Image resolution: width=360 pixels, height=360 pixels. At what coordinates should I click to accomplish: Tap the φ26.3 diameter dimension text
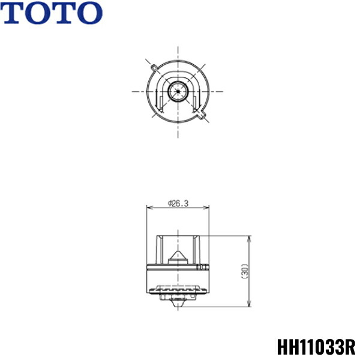[x=178, y=203]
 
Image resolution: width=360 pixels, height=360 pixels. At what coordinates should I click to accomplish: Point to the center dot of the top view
[x=178, y=91]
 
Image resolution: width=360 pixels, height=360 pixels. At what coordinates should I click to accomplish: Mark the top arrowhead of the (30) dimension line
[x=250, y=238]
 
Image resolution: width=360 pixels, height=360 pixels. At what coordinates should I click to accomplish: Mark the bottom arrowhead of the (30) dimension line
[x=250, y=305]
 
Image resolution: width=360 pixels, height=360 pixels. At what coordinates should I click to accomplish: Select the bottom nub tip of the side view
[x=178, y=302]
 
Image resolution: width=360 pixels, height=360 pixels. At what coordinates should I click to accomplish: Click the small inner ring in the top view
[x=178, y=91]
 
